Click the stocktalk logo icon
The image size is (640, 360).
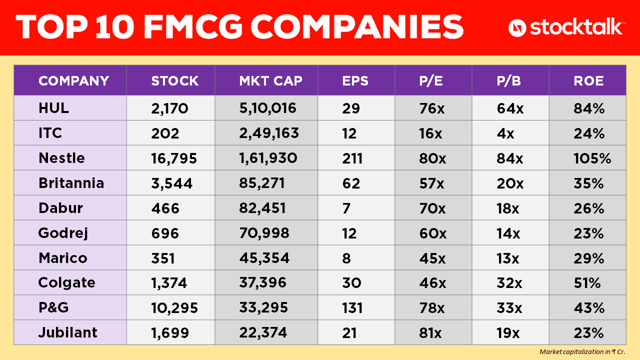point(517,28)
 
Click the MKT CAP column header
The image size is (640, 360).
point(270,81)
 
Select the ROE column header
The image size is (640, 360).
point(588,81)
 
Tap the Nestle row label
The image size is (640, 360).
point(61,158)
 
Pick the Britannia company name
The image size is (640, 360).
point(71,183)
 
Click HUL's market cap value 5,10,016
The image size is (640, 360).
point(267,108)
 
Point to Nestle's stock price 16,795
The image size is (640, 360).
point(174,158)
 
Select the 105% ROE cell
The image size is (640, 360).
point(592,158)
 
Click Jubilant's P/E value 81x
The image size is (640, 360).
point(430,333)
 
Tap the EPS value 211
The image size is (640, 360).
point(352,158)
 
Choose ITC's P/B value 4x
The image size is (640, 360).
point(505,133)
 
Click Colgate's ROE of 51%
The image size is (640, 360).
point(587,283)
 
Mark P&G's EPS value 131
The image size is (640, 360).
point(352,308)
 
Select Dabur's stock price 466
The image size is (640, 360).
point(165,208)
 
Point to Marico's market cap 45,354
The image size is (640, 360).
point(264,258)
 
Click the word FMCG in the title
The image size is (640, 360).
point(193,27)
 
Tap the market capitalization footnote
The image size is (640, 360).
point(582,351)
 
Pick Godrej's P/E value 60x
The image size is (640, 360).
point(433,233)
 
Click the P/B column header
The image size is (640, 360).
point(508,81)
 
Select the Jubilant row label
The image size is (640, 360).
point(67,332)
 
